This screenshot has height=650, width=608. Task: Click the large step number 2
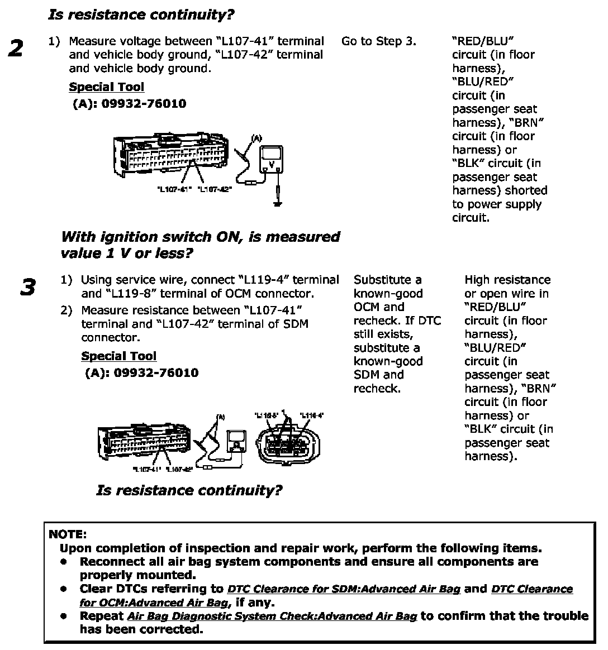[16, 49]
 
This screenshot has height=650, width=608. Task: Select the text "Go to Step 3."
[378, 41]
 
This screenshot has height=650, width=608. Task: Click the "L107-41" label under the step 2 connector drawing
[174, 190]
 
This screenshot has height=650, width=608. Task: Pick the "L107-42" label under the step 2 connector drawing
[215, 190]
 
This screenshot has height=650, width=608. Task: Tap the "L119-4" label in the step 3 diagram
[312, 415]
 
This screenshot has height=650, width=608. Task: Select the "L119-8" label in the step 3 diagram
[267, 415]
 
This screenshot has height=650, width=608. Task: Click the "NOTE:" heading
[68, 534]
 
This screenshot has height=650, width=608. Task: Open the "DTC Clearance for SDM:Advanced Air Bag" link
[344, 589]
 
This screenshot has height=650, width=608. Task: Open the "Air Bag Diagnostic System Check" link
[272, 616]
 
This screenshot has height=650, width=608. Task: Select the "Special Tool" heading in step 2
[106, 87]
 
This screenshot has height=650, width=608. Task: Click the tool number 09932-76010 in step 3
[156, 373]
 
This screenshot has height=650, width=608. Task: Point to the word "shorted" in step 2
[526, 190]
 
